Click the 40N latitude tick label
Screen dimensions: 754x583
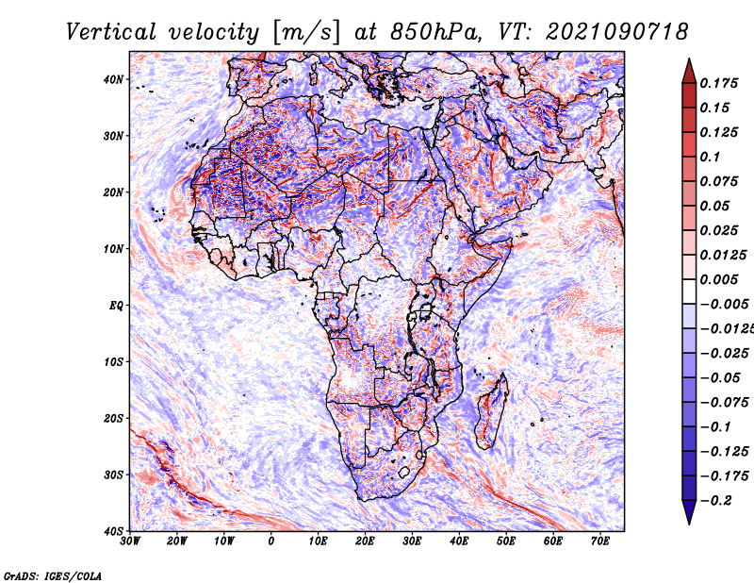(x=113, y=79)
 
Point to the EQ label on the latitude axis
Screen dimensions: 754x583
(x=116, y=306)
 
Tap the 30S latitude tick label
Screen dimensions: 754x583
(x=113, y=475)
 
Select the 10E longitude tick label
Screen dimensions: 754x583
(x=318, y=541)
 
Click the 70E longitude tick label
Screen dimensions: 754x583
(x=599, y=541)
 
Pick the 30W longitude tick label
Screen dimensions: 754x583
(x=130, y=541)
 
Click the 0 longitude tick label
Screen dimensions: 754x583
(x=271, y=541)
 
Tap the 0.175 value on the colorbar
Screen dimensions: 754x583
(x=719, y=83)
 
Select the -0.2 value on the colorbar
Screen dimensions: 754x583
(x=716, y=501)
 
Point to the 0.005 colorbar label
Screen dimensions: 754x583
(x=719, y=279)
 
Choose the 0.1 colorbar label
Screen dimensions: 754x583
(x=710, y=157)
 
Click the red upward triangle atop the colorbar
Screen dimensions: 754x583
(x=689, y=72)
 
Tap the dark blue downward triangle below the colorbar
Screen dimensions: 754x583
(x=689, y=511)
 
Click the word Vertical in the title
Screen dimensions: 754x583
(x=111, y=32)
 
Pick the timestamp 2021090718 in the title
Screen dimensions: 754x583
(x=617, y=32)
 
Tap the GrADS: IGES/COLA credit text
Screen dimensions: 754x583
(x=53, y=575)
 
